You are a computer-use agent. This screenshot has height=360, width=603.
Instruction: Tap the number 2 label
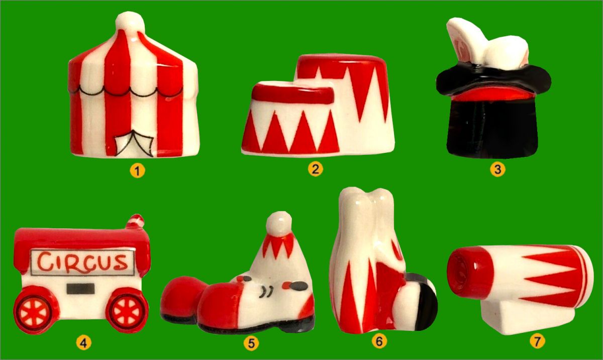(315, 169)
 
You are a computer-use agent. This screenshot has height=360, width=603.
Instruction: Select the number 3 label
(498, 169)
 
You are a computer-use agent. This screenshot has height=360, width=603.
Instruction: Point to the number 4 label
(83, 343)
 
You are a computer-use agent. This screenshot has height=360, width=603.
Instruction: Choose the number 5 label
(251, 343)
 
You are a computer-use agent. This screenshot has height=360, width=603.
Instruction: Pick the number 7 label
(537, 342)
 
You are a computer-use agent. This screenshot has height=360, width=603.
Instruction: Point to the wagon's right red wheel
(127, 310)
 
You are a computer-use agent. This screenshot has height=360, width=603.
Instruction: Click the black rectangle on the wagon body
(81, 289)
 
